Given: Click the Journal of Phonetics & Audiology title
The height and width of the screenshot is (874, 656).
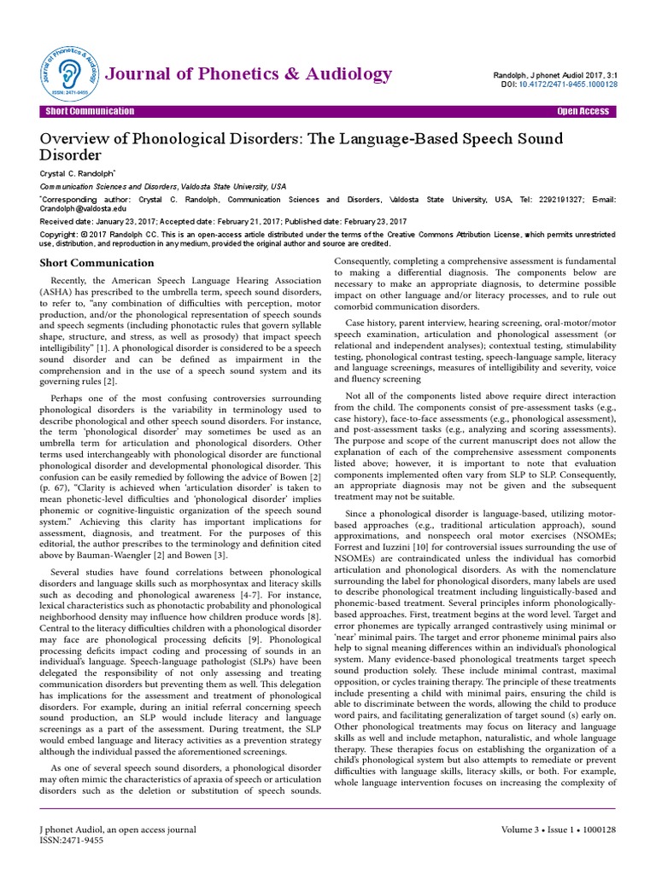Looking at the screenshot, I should click(x=248, y=73).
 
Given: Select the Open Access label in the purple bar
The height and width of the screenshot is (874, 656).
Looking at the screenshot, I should click(x=583, y=112).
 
